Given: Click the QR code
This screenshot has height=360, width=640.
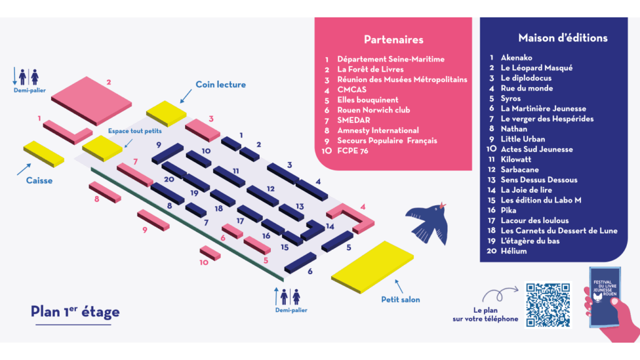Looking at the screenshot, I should pos(548,305).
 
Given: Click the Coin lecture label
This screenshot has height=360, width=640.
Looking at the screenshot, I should pos(221,85).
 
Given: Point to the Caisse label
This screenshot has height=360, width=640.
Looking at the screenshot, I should pos(39,180).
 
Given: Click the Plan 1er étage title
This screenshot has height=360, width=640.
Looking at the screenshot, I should pos(75,312).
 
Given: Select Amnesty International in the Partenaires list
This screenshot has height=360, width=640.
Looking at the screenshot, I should pos(378,131).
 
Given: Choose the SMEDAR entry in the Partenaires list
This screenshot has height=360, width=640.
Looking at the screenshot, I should pos(355,120).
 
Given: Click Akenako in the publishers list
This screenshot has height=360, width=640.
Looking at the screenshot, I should pos(516,58).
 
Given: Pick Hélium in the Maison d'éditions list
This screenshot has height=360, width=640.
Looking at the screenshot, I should pos(513,251).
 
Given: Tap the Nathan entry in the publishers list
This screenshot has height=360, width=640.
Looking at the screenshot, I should pos(514,129).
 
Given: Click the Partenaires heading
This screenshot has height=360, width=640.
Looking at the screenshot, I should pos(393,39).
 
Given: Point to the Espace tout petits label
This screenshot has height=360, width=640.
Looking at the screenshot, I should pos(135,131).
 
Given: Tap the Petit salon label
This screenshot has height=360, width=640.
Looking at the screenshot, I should pos(400,300).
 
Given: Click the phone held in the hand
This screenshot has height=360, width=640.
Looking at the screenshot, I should pos(605,297).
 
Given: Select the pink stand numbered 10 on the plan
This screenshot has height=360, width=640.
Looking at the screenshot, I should pos(210,253).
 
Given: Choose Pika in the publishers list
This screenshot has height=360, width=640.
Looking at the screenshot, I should pos(508,210).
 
